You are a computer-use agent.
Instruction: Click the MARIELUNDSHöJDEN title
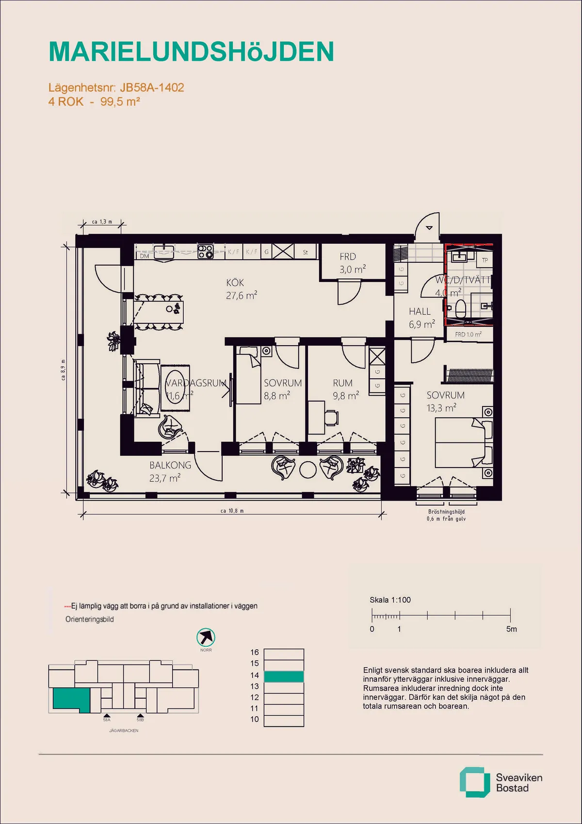click(191, 51)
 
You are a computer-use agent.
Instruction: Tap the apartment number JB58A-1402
click(152, 87)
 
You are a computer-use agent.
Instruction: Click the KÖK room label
click(235, 283)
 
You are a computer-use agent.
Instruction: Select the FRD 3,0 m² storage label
click(352, 263)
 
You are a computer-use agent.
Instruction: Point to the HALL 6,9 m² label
click(421, 318)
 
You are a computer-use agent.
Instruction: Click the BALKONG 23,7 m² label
click(170, 471)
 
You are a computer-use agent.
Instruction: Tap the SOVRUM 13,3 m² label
click(445, 402)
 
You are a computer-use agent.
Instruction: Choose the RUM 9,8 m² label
click(345, 389)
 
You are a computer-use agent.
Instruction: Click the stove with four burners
click(206, 251)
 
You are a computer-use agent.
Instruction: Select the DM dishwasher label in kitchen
click(145, 256)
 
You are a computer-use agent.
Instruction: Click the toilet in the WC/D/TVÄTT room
click(460, 307)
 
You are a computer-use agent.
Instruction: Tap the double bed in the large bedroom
click(459, 442)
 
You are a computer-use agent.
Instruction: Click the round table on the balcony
click(308, 469)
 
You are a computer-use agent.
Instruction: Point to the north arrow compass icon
click(206, 637)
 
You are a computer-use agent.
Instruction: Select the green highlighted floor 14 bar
click(284, 676)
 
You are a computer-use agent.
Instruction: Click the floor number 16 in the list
click(255, 652)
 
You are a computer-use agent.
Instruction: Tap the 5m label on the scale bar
click(511, 629)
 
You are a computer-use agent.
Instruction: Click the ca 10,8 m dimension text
click(232, 511)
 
